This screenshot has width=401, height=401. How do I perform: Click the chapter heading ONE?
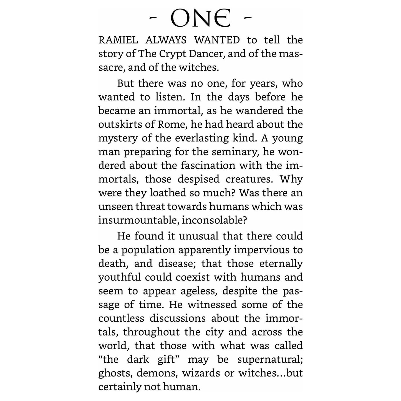[x=200, y=18]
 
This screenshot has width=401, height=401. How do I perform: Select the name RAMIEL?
[x=118, y=41]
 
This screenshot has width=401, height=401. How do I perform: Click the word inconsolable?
[x=214, y=220]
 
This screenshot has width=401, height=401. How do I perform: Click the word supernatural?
[x=270, y=360]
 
